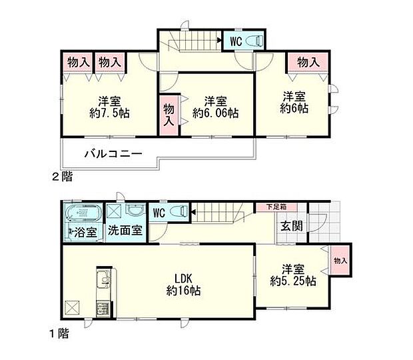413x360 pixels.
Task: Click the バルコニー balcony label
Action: [x=113, y=153]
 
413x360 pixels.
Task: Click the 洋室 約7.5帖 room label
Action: [x=110, y=107]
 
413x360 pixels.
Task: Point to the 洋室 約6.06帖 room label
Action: [x=215, y=107]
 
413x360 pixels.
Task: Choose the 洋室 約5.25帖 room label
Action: [x=294, y=275]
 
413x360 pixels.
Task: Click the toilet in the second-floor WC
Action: [x=255, y=41]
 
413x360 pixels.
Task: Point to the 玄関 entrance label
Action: [x=292, y=226]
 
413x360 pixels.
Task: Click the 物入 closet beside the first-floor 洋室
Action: [x=340, y=260]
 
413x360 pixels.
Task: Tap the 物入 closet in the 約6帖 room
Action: [x=307, y=61]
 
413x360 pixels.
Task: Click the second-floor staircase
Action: [x=193, y=44]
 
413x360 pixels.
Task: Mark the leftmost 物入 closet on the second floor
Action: [x=78, y=62]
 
